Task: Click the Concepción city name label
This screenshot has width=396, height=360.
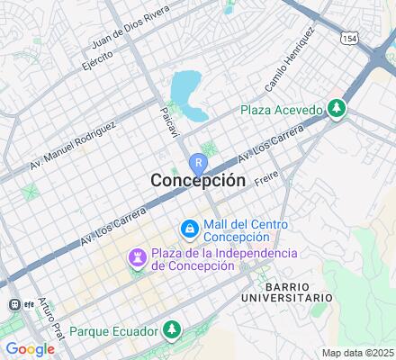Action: click(x=198, y=180)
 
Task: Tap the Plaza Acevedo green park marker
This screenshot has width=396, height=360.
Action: click(x=337, y=109)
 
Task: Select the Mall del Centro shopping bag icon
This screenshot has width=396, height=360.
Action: click(x=190, y=230)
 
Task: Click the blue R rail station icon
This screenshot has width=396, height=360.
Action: click(x=198, y=164)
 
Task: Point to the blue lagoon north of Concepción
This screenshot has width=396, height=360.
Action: click(x=186, y=91)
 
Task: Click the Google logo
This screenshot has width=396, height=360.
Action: click(x=29, y=349)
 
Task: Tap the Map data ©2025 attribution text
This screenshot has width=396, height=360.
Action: click(x=358, y=353)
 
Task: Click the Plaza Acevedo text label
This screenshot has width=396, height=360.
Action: click(x=281, y=110)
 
